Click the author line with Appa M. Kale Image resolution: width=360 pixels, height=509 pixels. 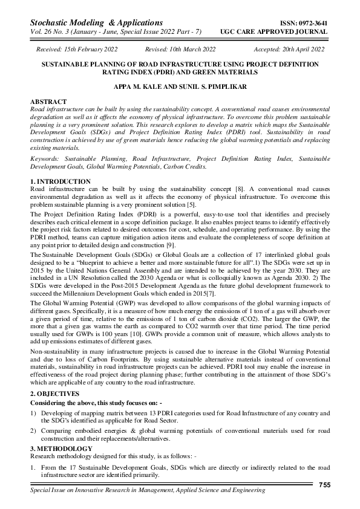tap(180, 87)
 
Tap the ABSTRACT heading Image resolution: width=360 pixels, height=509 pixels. tap(48, 101)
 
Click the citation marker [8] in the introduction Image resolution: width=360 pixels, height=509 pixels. tap(240, 189)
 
